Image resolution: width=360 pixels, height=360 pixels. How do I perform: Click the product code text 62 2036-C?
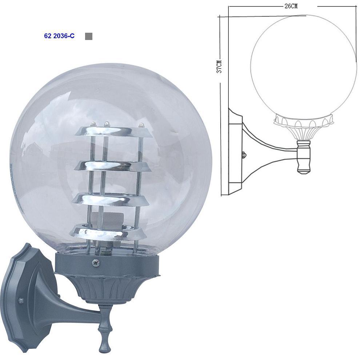[59, 36]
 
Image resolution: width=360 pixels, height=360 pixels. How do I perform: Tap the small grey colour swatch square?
[89, 36]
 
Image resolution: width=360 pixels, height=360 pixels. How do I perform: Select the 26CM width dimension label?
[291, 6]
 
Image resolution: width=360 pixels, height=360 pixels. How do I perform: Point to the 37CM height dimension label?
[220, 66]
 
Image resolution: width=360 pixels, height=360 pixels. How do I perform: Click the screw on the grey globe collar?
[95, 263]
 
